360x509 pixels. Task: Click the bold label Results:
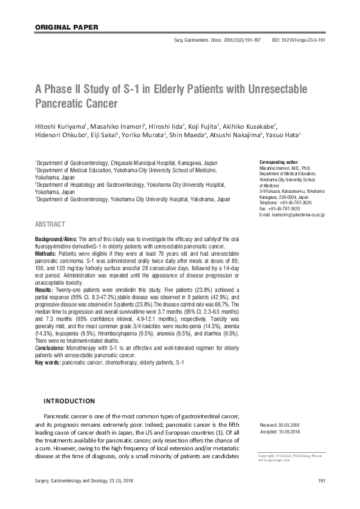(x=46, y=291)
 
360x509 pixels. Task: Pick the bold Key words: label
(x=48, y=361)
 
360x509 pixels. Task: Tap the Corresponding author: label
(x=278, y=163)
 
